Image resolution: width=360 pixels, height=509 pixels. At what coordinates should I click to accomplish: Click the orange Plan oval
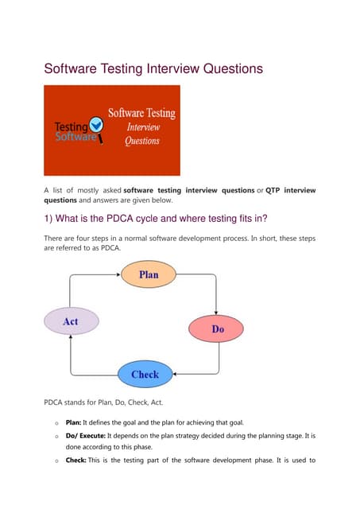click(x=148, y=274)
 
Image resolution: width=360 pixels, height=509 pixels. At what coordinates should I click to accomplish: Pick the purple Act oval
click(x=71, y=321)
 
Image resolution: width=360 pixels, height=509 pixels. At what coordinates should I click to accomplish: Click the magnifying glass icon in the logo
click(x=96, y=124)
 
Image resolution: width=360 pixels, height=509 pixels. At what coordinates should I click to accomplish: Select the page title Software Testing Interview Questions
click(x=153, y=69)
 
